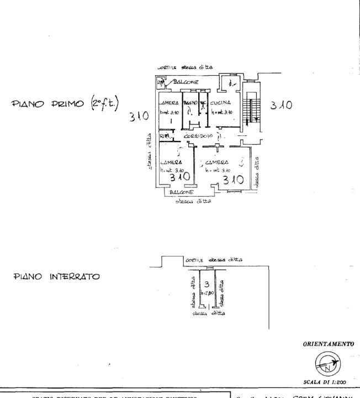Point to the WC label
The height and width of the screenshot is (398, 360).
(203, 103)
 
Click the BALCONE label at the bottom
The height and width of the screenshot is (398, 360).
(181, 192)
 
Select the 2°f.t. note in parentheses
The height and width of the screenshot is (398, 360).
(110, 103)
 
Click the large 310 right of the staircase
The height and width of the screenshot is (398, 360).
(282, 106)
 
